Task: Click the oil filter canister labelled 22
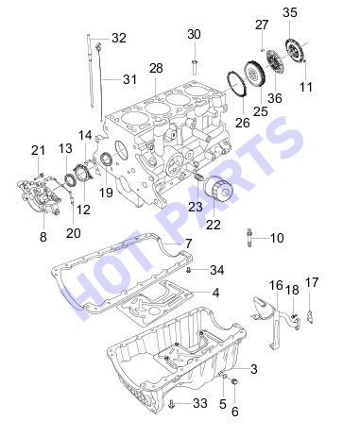coord(217,192)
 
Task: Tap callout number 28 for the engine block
coord(156,68)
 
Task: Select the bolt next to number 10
coord(249,238)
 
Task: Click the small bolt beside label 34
coord(189,270)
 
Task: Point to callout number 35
coord(289,12)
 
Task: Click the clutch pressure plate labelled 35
coord(295,49)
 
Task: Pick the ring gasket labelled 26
coord(236,84)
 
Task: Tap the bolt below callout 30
coord(194,65)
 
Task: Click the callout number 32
coord(119,38)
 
